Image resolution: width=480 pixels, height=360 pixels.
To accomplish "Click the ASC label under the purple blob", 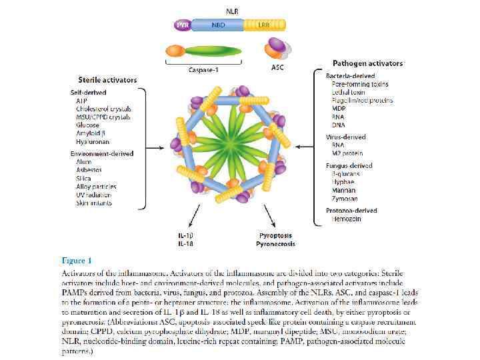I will (277, 69).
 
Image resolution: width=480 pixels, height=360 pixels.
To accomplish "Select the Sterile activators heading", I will (107, 80).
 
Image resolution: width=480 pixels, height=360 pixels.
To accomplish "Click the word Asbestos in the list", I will (89, 170).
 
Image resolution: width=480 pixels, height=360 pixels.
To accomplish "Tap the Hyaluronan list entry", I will (93, 141).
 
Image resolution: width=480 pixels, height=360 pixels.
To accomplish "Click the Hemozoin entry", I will (347, 219).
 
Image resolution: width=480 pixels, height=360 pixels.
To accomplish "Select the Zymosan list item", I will (345, 198).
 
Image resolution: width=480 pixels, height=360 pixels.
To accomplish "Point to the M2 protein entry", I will (347, 153).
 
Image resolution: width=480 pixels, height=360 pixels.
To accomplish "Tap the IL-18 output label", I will (185, 244).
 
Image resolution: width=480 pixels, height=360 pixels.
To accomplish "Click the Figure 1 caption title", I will (77, 260).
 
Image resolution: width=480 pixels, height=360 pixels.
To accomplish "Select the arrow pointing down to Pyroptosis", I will (270, 217).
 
